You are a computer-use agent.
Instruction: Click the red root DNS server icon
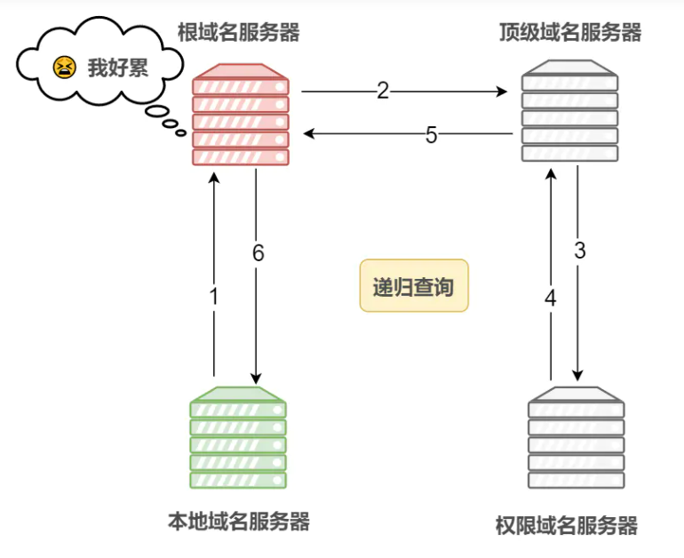point(241,115)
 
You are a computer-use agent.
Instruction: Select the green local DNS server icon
point(238,437)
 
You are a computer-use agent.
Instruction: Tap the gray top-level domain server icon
point(569,111)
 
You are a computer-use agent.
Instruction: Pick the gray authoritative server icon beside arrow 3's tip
point(577,437)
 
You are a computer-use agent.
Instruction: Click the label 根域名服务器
point(239,32)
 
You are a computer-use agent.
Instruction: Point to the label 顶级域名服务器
point(570,32)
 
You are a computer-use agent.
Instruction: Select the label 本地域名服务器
point(239,522)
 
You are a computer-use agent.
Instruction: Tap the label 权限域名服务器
point(567,526)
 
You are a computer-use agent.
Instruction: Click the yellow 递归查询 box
point(414,286)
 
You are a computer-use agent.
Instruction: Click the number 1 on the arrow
point(214,297)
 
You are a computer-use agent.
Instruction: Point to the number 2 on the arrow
point(383,91)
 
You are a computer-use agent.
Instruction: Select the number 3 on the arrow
point(580,251)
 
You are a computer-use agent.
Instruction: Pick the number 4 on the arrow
point(551,299)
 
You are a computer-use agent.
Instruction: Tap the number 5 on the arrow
point(431,135)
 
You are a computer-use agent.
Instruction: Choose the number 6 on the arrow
point(258,253)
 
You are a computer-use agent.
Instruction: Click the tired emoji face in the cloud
point(65,68)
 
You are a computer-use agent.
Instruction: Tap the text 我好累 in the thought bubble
point(118,68)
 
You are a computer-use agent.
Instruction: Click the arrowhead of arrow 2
point(502,92)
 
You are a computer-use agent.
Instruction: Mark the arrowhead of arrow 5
point(309,133)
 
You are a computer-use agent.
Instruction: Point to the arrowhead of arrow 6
point(256,379)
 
